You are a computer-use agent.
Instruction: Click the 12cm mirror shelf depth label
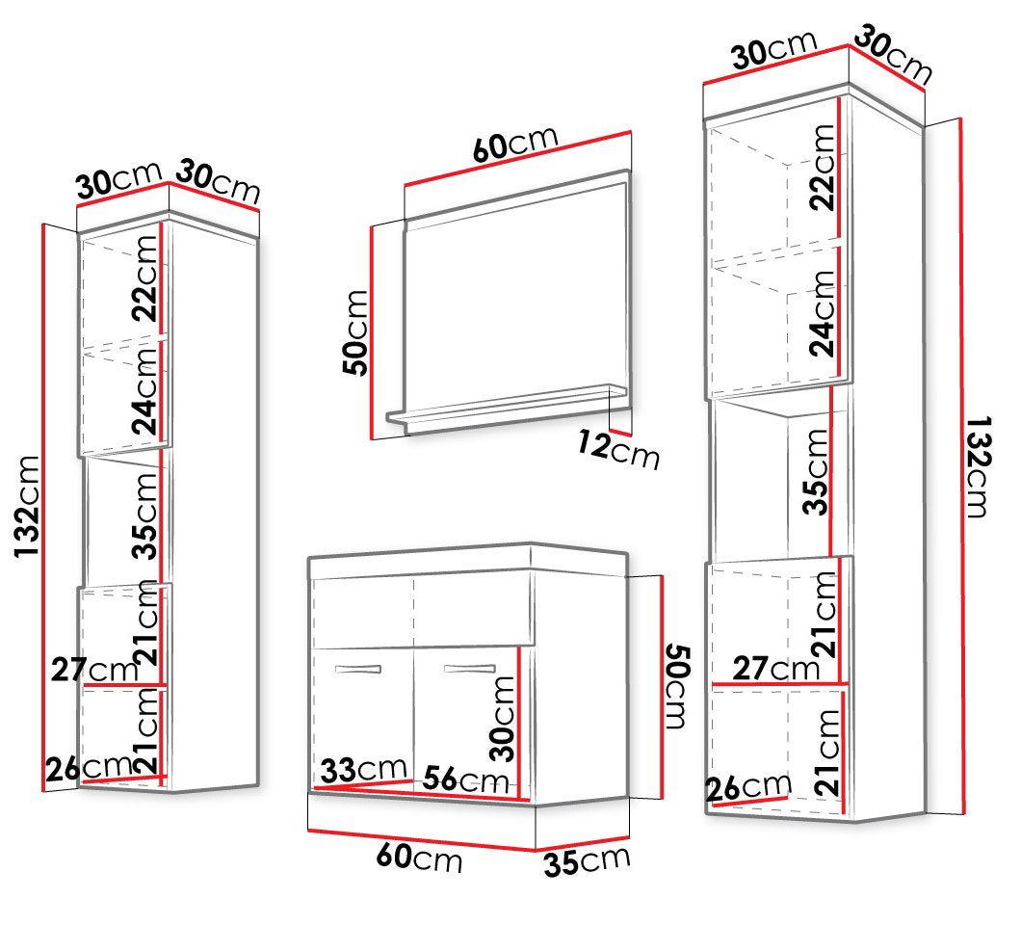pos(618,450)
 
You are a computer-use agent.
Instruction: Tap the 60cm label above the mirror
pos(515,144)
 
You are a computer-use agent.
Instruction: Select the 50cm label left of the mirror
pos(355,332)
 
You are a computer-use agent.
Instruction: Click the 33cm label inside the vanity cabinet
pos(363,770)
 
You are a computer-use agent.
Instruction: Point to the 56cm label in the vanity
pos(465,780)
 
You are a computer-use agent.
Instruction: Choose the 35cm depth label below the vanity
pos(587,861)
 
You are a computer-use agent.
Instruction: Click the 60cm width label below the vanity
pos(419,857)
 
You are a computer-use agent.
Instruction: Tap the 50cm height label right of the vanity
pos(676,686)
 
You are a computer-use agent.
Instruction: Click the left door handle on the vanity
pos(357,669)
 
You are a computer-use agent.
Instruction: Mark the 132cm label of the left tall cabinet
pos(27,506)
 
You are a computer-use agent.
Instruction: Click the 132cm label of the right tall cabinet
pos(978,466)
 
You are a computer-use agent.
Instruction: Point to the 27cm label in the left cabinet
pos(95,669)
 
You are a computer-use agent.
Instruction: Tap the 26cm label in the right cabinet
pos(748,788)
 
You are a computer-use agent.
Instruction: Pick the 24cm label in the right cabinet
pos(822,314)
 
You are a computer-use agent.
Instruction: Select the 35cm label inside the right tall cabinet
pos(815,472)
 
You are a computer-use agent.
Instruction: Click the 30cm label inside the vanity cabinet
pos(503,719)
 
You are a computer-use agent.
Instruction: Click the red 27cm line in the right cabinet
pos(779,683)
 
